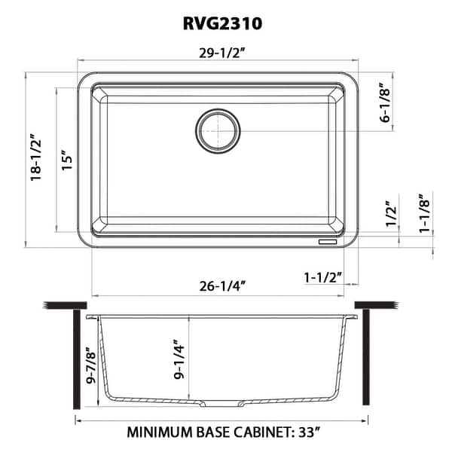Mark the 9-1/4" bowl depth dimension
[178, 360]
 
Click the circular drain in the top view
[218, 130]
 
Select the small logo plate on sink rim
[328, 243]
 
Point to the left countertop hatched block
[63, 306]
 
